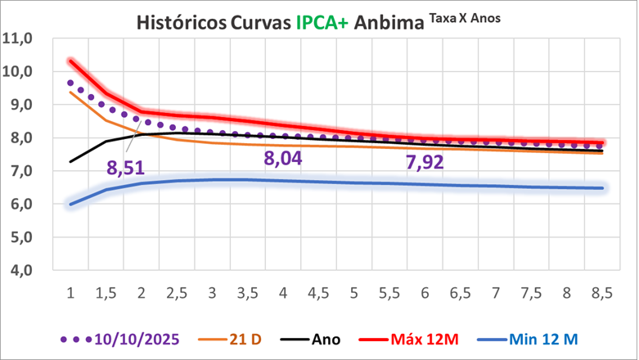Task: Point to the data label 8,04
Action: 282,158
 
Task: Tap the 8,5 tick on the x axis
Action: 601,294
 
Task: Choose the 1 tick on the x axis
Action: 70,294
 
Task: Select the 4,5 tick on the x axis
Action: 318,294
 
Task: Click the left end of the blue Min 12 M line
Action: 71,204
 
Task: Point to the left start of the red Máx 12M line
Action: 71,61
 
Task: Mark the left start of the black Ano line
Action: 71,161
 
